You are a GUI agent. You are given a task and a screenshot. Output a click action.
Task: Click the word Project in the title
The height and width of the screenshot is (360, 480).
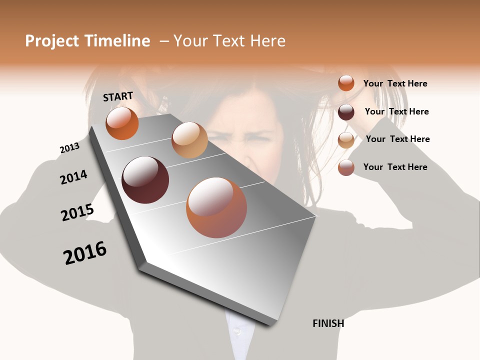point(52,41)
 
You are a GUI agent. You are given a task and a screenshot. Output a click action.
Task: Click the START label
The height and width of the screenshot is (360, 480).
point(118,96)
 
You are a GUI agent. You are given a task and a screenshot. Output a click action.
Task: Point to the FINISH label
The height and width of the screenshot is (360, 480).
point(328,323)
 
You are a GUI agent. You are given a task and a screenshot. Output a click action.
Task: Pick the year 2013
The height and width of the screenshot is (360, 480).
point(69,148)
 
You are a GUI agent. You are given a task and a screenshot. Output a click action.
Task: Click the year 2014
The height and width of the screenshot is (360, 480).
point(73,177)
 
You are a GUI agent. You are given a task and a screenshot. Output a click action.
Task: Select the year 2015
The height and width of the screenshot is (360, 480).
point(77,212)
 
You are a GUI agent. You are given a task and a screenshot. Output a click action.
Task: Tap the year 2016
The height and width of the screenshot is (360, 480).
point(85,253)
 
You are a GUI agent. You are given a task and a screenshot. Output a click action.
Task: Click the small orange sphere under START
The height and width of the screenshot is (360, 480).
point(122,123)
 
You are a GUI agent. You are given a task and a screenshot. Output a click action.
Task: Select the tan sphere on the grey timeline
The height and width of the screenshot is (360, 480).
point(189,140)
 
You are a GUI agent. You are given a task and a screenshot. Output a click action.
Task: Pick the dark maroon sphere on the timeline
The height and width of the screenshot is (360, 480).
point(145,180)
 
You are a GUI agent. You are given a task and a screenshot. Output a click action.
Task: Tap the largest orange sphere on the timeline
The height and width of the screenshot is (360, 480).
point(216,207)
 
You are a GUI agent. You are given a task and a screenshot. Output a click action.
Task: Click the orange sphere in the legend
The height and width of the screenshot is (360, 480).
point(346,83)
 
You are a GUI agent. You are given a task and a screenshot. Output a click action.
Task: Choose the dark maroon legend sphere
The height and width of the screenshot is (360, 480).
point(346,112)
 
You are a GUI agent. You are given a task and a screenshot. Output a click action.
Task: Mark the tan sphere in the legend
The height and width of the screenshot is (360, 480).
point(346,140)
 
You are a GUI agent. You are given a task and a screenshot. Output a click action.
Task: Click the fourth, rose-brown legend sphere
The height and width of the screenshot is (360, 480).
point(346,168)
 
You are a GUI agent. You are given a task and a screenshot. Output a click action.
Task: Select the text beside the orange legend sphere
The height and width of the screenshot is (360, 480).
point(395,83)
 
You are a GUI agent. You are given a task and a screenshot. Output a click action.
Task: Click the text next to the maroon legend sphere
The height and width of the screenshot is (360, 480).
point(396,111)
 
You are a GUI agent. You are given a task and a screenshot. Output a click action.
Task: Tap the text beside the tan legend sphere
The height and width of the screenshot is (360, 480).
point(397,139)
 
